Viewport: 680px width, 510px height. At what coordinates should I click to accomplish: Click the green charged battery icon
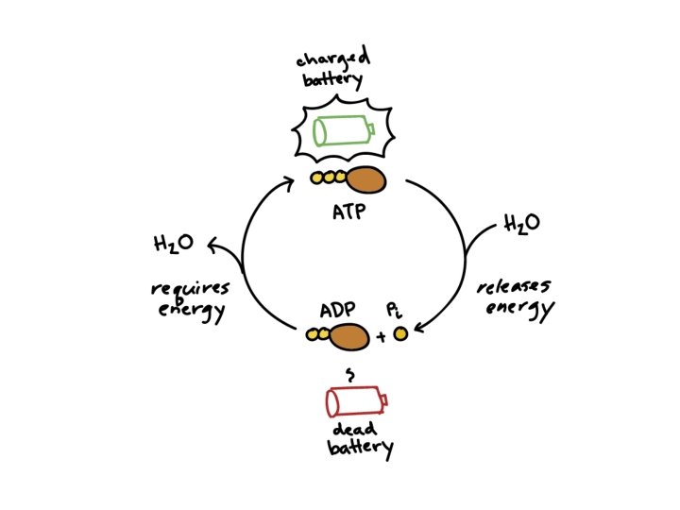(343, 129)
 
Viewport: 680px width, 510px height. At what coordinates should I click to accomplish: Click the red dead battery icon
(355, 402)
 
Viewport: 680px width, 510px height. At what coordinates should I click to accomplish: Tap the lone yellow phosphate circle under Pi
(400, 333)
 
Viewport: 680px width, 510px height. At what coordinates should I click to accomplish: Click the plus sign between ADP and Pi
(381, 335)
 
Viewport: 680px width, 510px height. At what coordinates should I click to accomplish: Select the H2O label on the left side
(174, 244)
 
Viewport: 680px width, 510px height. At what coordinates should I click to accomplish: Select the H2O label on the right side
(522, 224)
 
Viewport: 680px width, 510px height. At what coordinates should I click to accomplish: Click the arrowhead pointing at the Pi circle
(420, 328)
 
